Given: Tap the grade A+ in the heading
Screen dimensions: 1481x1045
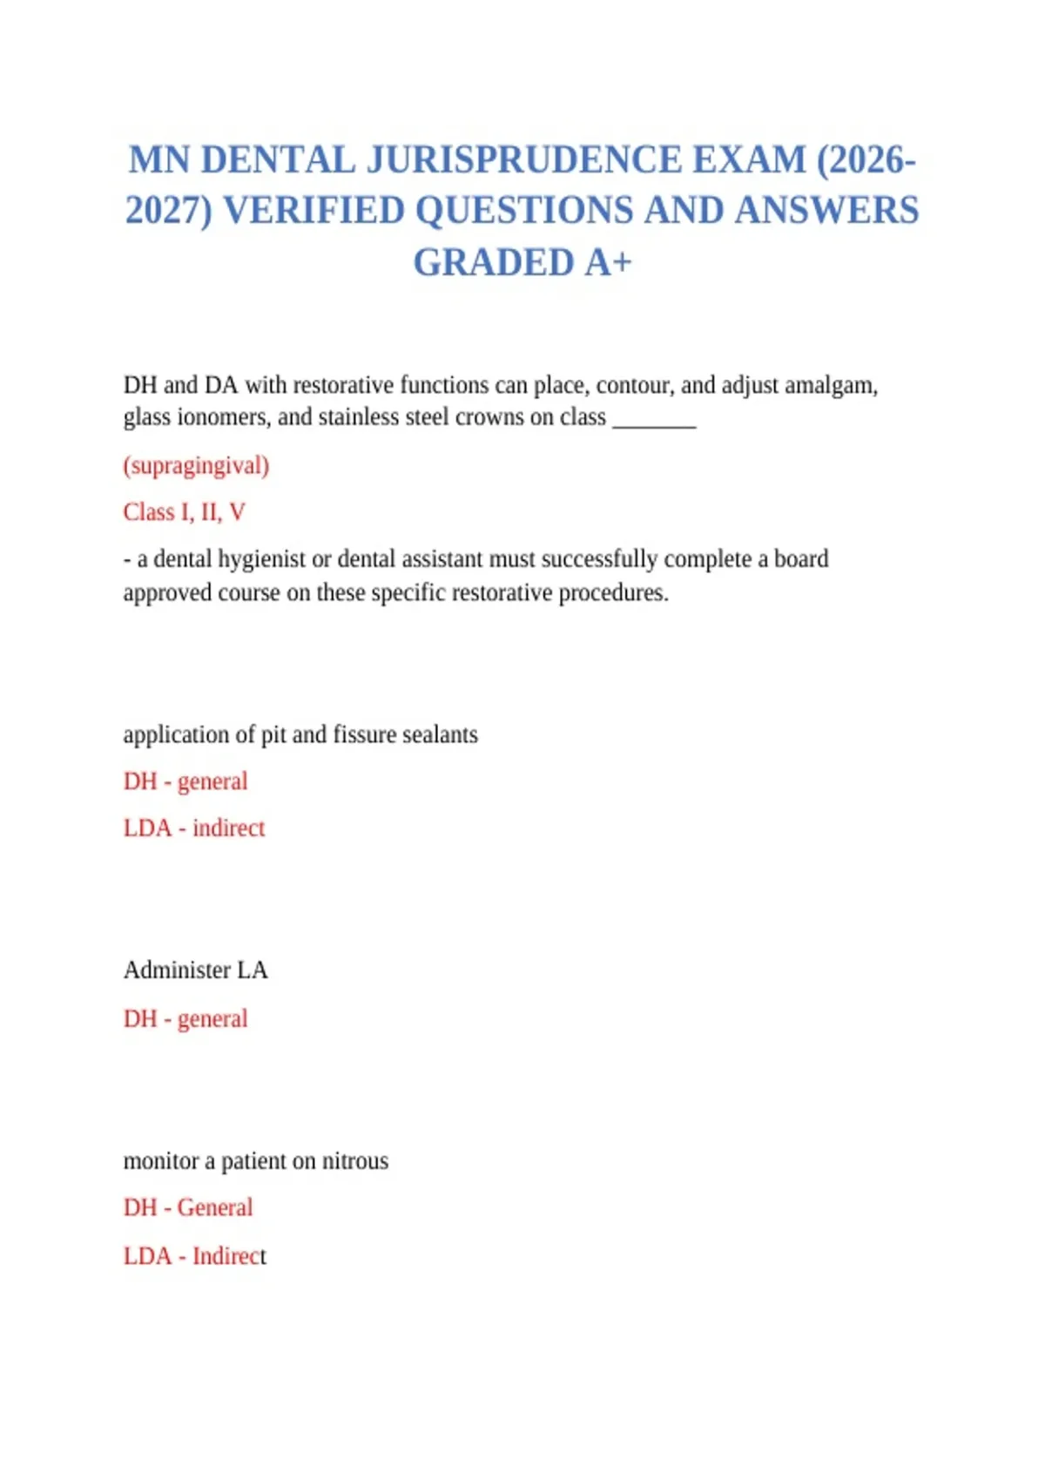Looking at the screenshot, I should click(x=608, y=262).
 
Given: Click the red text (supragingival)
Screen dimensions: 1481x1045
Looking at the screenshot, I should click(x=196, y=465).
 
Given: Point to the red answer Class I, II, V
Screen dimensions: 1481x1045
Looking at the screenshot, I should click(x=184, y=512).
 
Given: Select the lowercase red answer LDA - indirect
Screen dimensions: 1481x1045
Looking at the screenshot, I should click(x=193, y=828).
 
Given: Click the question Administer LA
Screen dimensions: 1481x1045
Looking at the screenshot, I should click(x=195, y=970).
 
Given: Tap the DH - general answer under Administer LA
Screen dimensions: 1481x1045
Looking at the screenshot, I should click(x=185, y=1018).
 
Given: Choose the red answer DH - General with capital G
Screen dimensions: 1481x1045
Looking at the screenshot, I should click(x=188, y=1207).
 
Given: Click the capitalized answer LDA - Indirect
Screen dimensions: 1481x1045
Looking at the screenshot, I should click(x=194, y=1256).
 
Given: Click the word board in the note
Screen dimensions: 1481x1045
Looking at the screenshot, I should click(x=801, y=558).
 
